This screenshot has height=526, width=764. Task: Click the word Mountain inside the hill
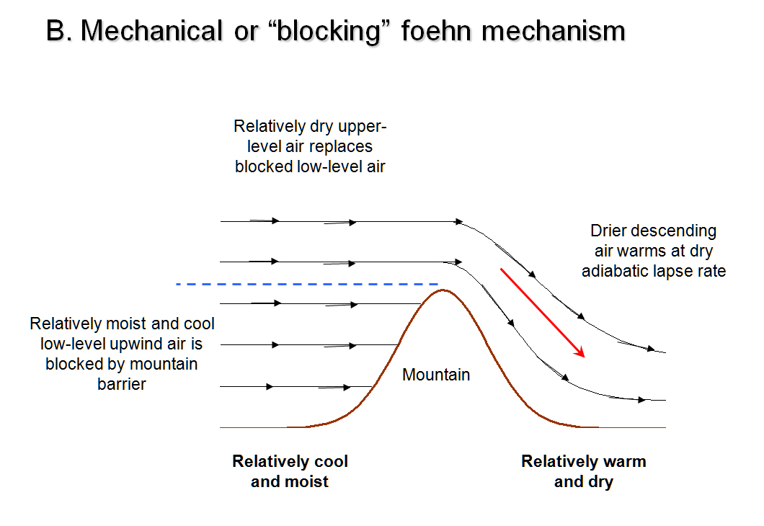pos(436,375)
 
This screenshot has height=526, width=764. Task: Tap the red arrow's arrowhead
pos(580,352)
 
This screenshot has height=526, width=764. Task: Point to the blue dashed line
pos(307,284)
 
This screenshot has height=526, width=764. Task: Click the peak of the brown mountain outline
pos(443,290)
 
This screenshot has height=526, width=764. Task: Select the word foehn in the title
pos(436,31)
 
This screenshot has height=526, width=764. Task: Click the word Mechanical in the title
pos(151,31)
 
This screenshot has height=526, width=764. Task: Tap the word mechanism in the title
pos(554,31)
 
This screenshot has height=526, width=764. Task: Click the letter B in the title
pos(55,31)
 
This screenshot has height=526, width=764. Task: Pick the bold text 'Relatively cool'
pos(290,460)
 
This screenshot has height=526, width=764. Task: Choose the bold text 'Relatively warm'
pos(584,460)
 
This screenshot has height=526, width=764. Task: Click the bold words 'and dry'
pos(584,481)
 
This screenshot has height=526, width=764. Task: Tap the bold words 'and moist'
pos(290,481)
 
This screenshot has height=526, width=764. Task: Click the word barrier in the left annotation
pos(121,384)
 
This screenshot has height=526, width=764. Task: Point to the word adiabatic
pos(616,271)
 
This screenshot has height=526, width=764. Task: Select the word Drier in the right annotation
pos(608,231)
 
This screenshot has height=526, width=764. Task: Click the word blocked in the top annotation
pos(263,166)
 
